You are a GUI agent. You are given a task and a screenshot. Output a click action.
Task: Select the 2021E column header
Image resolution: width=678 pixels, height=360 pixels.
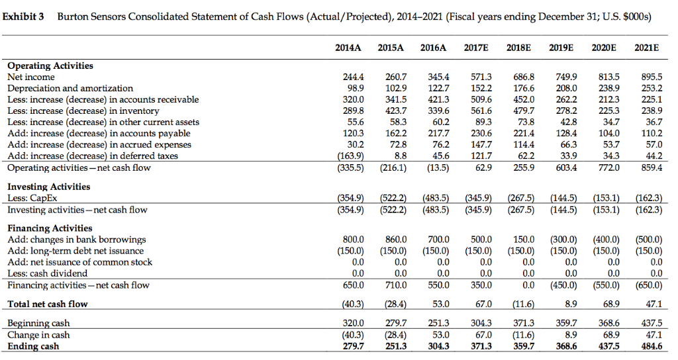coord(646,46)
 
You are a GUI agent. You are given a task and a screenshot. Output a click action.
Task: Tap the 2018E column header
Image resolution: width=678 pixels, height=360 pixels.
coord(519,46)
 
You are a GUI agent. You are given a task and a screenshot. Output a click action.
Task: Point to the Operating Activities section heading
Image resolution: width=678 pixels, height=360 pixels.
coord(50,66)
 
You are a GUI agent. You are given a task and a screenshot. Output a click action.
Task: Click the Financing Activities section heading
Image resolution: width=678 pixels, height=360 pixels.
coord(50,228)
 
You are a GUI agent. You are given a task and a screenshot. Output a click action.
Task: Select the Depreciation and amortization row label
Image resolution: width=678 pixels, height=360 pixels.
coord(70,88)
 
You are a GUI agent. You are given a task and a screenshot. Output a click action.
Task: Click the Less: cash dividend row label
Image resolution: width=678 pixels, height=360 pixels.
coord(47,273)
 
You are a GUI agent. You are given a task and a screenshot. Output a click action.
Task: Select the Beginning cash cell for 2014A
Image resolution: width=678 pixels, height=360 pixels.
coord(353,324)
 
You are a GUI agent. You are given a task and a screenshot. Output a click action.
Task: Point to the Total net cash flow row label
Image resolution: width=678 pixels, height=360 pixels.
coord(48,304)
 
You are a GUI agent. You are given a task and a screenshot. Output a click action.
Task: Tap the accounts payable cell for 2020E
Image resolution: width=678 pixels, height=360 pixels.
coord(606,133)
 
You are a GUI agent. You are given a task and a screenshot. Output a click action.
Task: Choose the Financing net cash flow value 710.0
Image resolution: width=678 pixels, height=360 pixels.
coord(395,285)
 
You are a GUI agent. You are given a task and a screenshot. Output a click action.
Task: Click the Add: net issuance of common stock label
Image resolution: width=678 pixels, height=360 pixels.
coord(79,262)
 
